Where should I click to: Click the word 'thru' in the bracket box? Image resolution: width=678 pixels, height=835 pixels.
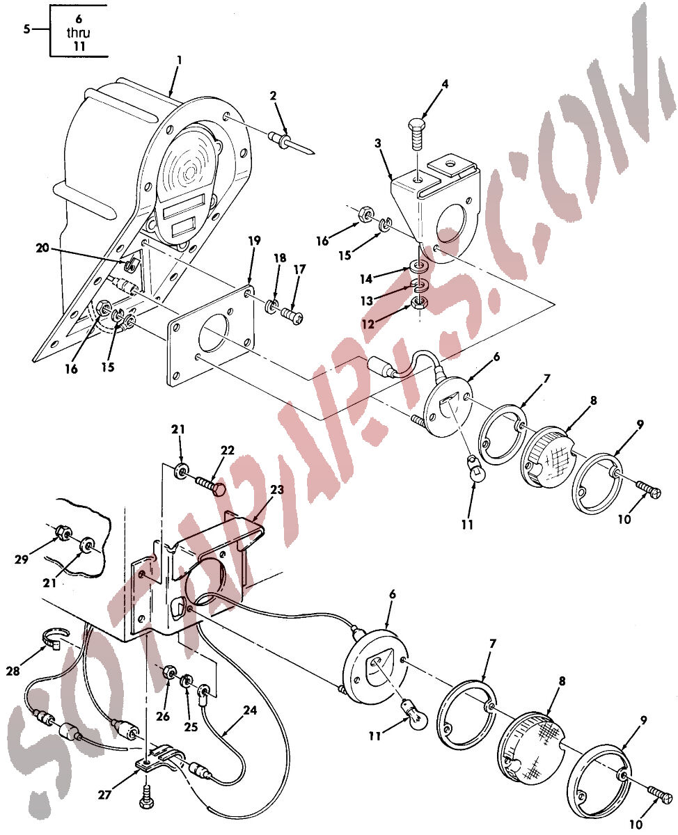[78, 33]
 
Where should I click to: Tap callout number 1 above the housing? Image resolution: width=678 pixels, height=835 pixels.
[179, 61]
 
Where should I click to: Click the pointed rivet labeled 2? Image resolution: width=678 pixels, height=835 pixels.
[291, 143]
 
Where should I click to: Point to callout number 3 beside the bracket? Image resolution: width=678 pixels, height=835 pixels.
[377, 143]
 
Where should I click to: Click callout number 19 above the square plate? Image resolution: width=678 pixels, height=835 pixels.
[255, 241]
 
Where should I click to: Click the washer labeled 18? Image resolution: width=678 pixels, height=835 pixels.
[271, 306]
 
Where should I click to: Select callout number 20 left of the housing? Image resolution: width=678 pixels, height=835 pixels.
[42, 248]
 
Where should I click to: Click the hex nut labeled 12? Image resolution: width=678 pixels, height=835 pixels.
[419, 303]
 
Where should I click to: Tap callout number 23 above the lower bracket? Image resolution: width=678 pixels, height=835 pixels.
[277, 490]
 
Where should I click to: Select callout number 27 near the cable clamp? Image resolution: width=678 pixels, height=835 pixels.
[104, 795]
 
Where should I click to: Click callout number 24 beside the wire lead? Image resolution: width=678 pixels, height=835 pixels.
[250, 710]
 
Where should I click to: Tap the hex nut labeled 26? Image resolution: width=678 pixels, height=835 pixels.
[169, 672]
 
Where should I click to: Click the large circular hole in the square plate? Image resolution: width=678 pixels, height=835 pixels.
[214, 333]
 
